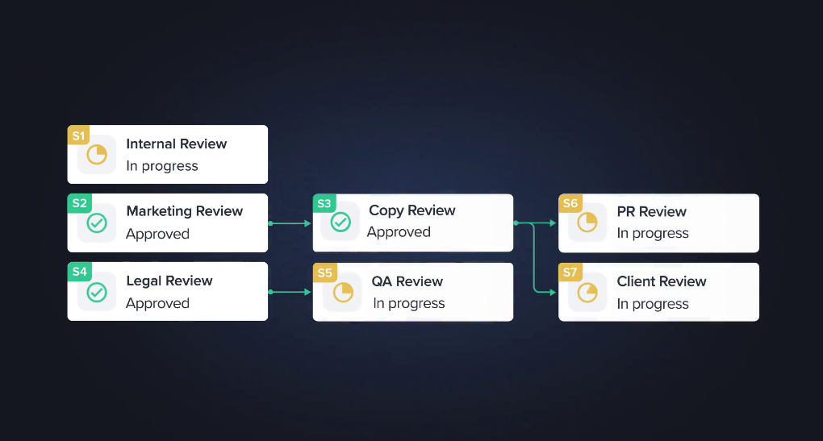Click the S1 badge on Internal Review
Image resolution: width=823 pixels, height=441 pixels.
(x=78, y=135)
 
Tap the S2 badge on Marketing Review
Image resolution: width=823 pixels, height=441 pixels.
(x=79, y=203)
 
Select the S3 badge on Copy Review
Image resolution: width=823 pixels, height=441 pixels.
(x=324, y=203)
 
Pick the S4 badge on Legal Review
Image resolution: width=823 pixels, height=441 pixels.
(x=79, y=272)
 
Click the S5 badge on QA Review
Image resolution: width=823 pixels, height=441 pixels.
(x=324, y=273)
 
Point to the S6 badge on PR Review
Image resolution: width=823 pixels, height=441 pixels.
(x=570, y=203)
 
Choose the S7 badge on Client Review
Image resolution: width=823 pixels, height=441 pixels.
(x=570, y=273)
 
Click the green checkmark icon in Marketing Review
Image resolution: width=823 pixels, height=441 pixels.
(x=97, y=223)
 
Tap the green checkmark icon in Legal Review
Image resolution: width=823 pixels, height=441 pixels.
(x=97, y=292)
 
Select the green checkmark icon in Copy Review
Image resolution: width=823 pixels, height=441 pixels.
(x=340, y=223)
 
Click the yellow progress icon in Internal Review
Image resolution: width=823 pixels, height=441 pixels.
(x=97, y=155)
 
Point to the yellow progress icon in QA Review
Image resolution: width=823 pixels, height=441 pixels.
(x=343, y=292)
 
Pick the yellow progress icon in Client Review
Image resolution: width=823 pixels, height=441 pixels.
(x=587, y=292)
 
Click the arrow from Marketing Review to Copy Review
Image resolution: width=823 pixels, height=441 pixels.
(x=290, y=223)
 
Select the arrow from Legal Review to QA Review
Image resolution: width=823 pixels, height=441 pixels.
(x=290, y=292)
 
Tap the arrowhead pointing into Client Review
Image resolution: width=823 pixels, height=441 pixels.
(x=554, y=292)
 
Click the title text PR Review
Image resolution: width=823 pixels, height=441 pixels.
(x=651, y=211)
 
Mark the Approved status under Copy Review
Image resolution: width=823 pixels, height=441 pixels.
(x=399, y=232)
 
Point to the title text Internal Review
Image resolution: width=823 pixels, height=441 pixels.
(x=176, y=144)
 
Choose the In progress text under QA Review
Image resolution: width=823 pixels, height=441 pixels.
(x=408, y=303)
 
